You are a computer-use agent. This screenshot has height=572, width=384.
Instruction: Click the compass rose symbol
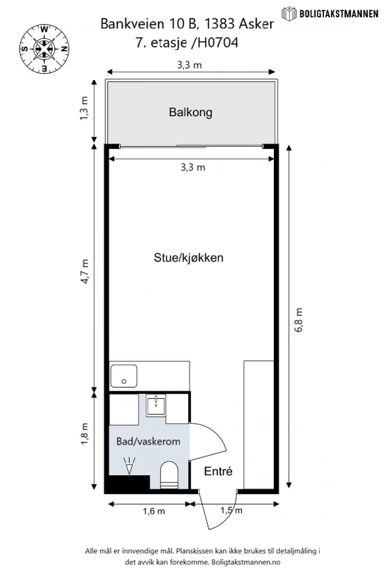point(44,48)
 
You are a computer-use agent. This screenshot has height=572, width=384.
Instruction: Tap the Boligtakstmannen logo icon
point(289,14)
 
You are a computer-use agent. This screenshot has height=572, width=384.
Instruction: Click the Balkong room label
point(190,112)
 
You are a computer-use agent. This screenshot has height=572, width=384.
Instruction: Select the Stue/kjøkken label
point(189,257)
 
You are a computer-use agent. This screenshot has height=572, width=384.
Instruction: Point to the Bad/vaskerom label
point(148,441)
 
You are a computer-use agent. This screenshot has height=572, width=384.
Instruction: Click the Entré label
point(218,471)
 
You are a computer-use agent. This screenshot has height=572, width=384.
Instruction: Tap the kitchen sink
point(124,376)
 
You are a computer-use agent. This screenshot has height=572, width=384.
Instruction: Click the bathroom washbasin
point(156,406)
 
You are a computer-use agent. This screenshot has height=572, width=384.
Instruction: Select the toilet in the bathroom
point(169,475)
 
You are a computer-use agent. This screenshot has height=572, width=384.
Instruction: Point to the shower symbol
point(129,466)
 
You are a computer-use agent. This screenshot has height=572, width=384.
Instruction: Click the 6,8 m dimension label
point(299,321)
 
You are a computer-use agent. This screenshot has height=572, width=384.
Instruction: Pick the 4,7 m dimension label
point(85,271)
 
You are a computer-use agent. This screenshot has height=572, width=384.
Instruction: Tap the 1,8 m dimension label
point(85,434)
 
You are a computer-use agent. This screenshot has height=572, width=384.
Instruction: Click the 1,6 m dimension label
point(153,511)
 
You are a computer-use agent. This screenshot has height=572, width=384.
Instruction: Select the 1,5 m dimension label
point(231,510)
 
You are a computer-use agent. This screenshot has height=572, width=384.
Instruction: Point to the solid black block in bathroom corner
point(127,484)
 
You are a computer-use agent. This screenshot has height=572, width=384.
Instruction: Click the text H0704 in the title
point(217,43)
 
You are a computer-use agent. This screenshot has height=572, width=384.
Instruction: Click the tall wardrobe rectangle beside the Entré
point(259,424)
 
